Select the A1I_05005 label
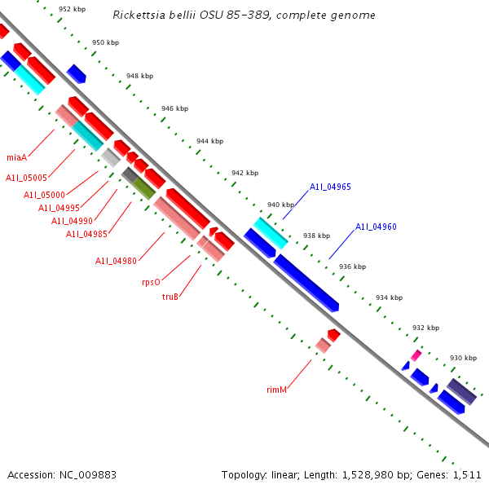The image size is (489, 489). point(27,177)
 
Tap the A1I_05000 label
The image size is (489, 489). point(44,195)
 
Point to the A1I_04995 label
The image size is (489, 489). point(59,208)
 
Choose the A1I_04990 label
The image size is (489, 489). point(72,221)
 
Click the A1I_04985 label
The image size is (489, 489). point(86,235)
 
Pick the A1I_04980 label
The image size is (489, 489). point(116,261)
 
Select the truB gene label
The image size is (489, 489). point(170,297)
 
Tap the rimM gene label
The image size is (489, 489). point(277,390)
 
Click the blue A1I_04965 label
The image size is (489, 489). point(330,187)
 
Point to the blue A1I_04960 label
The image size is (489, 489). point(376,227)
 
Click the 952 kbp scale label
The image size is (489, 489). point(72,10)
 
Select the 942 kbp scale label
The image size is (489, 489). point(244,173)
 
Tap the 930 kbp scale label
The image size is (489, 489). point(463,358)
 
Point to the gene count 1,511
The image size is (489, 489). point(465,474)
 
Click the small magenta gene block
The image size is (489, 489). point(416,355)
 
